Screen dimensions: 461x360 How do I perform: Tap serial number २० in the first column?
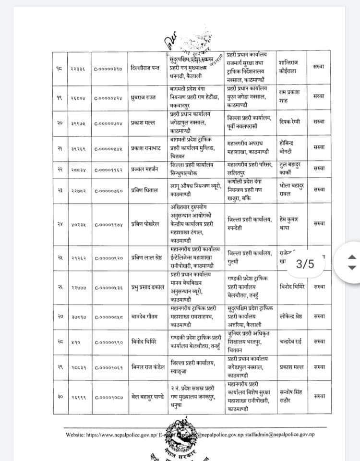click(60, 123)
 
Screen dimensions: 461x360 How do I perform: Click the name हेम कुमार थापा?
click(289, 223)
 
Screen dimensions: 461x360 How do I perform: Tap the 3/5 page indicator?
click(305, 264)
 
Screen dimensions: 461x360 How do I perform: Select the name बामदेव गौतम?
click(145, 316)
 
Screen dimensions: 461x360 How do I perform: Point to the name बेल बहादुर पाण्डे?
click(148, 397)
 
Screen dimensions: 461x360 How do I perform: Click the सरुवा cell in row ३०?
click(319, 397)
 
